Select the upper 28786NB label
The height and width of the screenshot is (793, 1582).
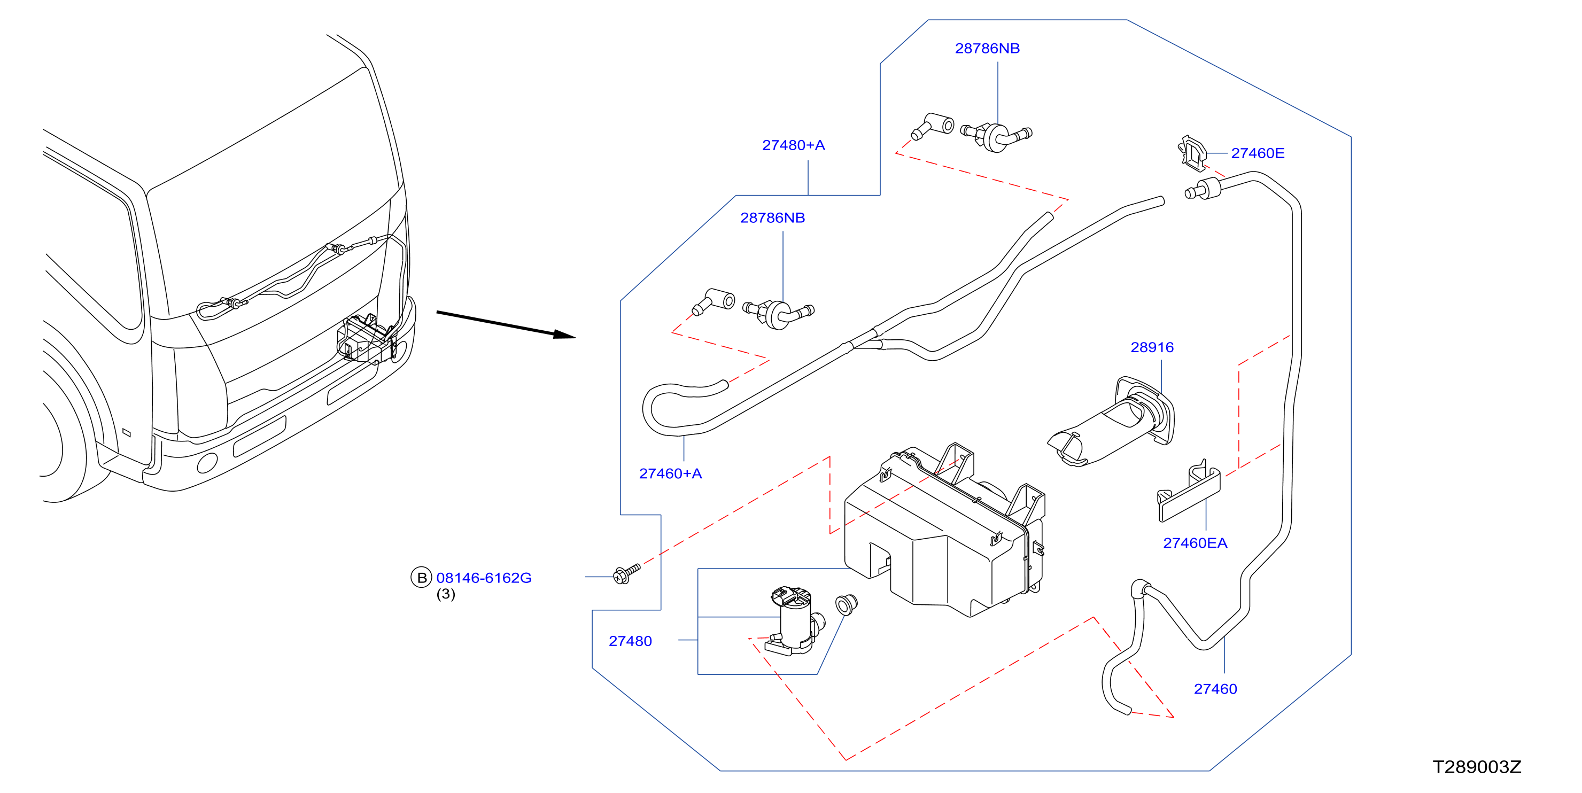coord(987,49)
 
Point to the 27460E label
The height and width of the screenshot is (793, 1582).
coord(1257,153)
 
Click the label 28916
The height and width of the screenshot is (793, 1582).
coord(1152,348)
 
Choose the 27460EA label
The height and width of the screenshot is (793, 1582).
coord(1195,543)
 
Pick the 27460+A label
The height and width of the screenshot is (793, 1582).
coord(670,473)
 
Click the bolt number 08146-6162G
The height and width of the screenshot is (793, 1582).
coord(483,578)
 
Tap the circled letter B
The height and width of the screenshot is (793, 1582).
coord(421,578)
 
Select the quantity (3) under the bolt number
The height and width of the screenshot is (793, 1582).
coord(445,595)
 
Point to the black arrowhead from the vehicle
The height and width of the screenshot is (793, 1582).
coord(564,334)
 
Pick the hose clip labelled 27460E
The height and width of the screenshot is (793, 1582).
coord(1192,153)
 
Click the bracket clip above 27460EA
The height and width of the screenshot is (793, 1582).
coord(1188,492)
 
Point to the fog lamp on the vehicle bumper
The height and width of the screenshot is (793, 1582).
coord(207,463)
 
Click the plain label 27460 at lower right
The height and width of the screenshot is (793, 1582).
coord(1215,689)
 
